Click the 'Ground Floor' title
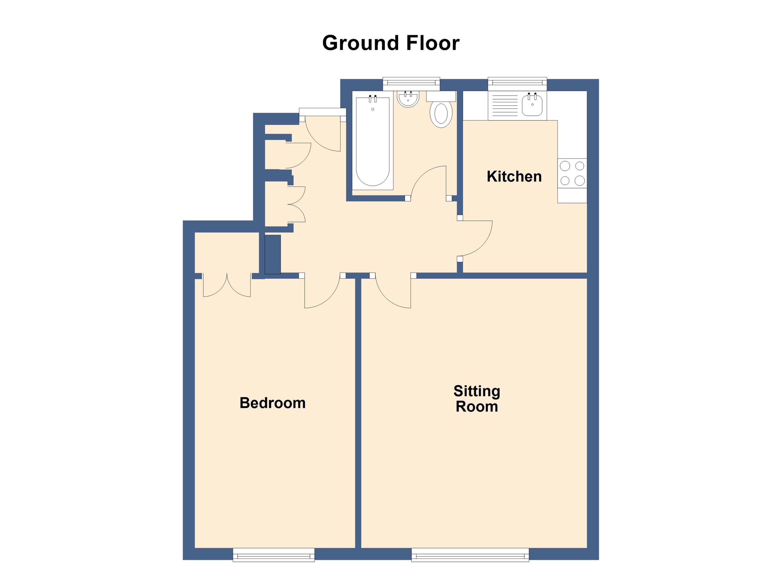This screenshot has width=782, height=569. point(391,43)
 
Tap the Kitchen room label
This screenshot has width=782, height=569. point(514,177)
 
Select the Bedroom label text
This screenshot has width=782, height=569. point(272,403)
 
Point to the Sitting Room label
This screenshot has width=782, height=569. point(476,399)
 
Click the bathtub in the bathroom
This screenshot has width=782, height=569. point(373,142)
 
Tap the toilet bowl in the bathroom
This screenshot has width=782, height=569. point(441,114)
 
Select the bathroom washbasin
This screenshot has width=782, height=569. point(408,99)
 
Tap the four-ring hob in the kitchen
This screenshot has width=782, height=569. point(572,173)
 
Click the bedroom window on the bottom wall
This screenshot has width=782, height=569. point(273,555)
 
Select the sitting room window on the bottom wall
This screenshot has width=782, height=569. point(470,555)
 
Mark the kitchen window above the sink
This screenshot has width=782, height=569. point(517,82)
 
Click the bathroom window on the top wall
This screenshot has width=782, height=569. point(411,82)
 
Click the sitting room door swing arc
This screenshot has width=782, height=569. point(393,292)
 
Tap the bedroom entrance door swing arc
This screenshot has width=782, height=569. point(322,292)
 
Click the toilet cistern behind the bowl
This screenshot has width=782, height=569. point(441,96)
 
